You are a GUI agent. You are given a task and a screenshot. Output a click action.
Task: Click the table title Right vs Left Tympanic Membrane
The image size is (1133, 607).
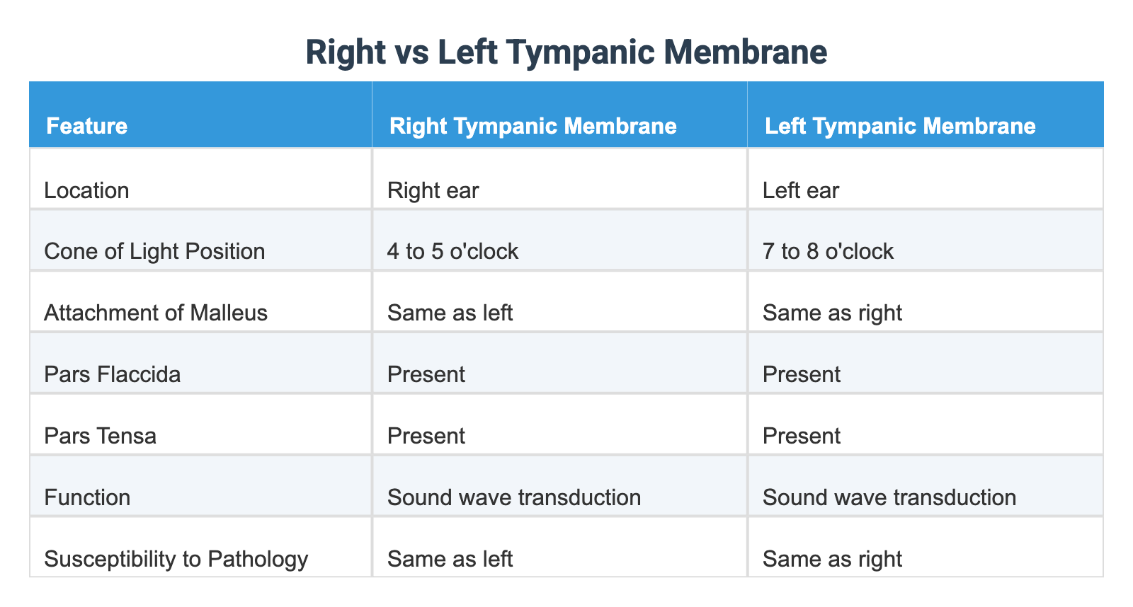566,53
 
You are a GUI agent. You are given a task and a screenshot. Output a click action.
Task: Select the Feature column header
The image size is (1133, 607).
86,126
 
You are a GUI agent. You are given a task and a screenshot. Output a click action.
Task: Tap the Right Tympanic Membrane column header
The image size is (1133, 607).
533,126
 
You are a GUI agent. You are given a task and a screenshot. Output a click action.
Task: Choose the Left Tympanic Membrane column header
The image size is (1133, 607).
900,126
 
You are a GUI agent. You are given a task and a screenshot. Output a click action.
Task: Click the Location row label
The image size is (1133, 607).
86,190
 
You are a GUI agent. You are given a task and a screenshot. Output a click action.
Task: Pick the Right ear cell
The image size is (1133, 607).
433,190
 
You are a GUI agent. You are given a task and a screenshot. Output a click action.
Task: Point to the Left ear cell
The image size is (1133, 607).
801,190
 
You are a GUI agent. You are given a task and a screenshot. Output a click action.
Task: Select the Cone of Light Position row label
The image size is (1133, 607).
154,251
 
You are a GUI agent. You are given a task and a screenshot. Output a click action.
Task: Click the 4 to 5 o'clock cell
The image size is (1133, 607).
453,251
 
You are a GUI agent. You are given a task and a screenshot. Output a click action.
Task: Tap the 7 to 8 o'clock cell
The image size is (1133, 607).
829,251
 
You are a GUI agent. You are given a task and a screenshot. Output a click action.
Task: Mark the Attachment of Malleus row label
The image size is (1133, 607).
156,313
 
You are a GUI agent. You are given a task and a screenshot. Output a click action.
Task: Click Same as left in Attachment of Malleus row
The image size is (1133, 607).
450,313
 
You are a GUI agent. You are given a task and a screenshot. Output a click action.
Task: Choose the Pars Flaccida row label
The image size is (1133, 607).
112,374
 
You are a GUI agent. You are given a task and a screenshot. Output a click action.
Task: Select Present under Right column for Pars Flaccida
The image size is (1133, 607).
426,374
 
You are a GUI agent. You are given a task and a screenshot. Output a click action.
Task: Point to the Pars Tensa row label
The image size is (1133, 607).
100,435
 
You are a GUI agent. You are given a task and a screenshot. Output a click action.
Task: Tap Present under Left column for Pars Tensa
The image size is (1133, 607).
802,435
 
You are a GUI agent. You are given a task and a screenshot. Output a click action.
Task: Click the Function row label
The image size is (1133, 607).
87,497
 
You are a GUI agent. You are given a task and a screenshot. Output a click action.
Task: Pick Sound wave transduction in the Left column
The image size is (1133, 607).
889,497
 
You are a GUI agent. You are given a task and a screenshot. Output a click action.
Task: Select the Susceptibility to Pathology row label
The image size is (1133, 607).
176,559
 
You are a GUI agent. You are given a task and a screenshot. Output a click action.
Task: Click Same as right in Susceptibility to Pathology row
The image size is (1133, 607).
833,559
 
